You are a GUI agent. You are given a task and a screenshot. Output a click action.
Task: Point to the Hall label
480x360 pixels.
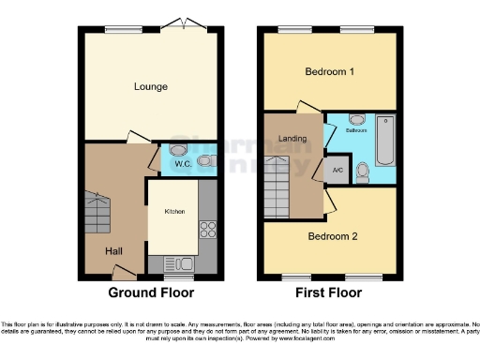(x=113, y=250)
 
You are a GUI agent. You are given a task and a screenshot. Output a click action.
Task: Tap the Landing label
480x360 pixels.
(x=293, y=139)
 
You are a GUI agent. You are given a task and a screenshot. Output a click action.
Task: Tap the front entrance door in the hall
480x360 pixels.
(x=121, y=273)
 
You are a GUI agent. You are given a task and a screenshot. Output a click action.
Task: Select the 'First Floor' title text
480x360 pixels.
(x=327, y=292)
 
